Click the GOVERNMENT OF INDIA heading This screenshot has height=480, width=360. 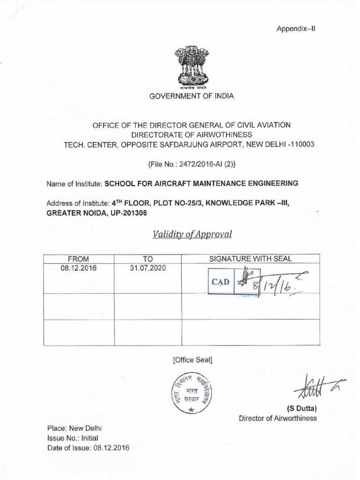click(x=191, y=96)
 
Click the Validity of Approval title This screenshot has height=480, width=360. click(x=192, y=234)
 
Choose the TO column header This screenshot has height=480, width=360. click(x=148, y=259)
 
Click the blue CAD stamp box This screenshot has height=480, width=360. click(x=221, y=282)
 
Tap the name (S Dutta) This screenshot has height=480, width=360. click(x=305, y=408)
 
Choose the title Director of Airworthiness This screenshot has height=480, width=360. click(x=278, y=418)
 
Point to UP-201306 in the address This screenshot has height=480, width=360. click(x=122, y=212)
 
